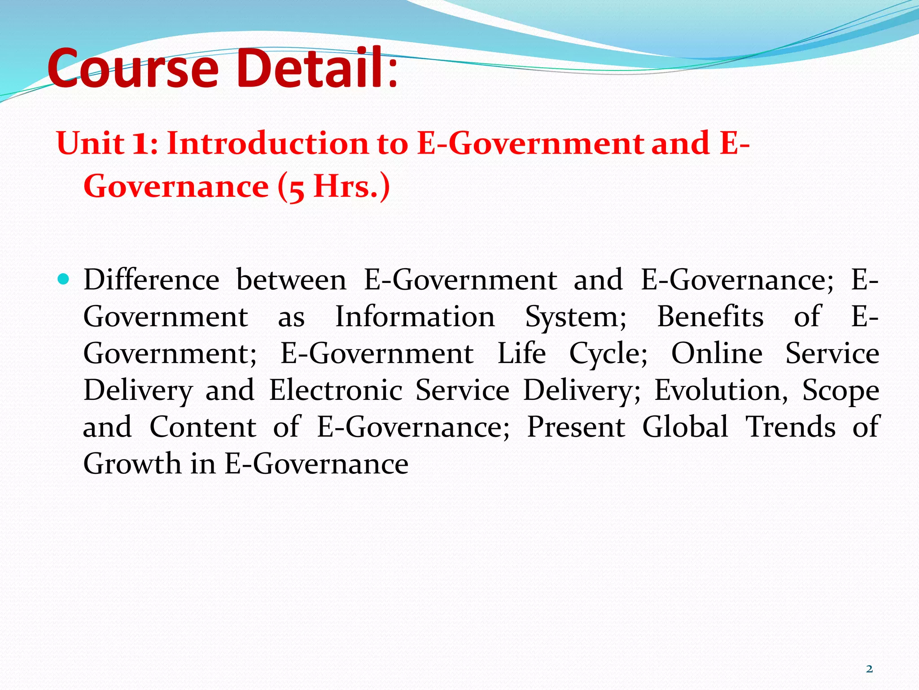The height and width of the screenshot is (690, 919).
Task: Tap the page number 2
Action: tap(869, 669)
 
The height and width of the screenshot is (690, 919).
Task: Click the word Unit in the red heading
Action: tap(90, 144)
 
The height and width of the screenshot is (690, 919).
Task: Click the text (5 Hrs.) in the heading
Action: tap(334, 186)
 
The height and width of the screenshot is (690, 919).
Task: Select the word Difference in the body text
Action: tap(151, 280)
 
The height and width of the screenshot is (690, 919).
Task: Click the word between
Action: tap(291, 280)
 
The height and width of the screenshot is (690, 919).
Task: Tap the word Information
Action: tap(415, 317)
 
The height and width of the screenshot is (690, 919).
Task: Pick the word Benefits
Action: tap(710, 317)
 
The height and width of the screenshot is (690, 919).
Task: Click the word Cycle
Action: tap(608, 354)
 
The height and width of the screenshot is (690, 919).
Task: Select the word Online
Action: tap(717, 354)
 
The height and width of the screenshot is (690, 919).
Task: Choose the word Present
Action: tap(576, 427)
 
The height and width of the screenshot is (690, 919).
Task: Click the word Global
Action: tap(685, 427)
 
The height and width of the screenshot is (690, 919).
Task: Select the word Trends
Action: tap(791, 427)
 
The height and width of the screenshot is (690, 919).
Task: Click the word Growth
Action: tap(132, 464)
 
